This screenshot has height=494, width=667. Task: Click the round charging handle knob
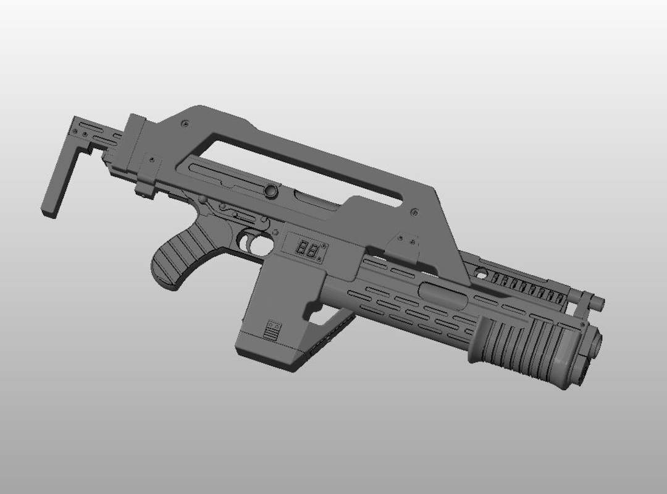[x=270, y=191]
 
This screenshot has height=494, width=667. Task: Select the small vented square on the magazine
[x=272, y=330]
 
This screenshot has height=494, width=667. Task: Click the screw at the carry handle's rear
[x=185, y=124]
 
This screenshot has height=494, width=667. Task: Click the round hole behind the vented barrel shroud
[x=481, y=273]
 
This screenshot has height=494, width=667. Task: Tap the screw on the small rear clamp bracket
[x=150, y=160]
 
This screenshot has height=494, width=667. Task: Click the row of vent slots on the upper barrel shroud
[x=525, y=286]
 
